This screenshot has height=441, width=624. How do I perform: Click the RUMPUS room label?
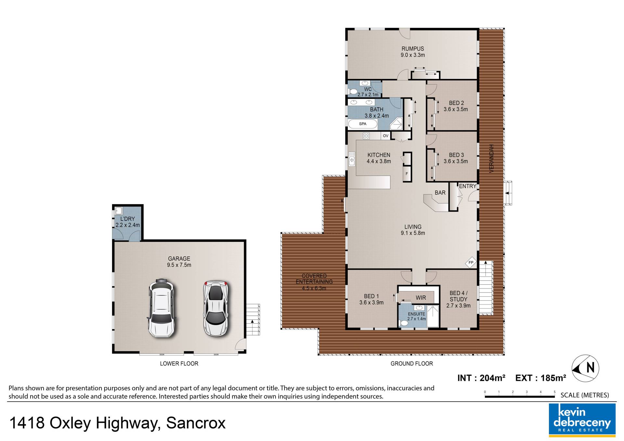coord(412,49)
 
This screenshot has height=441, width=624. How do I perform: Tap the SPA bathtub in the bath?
coord(363,124)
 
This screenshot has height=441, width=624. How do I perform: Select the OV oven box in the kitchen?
coord(385,136)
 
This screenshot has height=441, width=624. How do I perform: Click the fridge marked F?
coord(407,174)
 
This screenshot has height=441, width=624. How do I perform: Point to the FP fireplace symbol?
coord(471,263)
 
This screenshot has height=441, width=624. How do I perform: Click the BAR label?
coord(440,193)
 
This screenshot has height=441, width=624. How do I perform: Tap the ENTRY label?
coord(467,186)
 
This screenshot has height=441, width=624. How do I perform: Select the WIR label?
coord(421,298)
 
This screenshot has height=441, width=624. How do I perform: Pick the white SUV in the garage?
coord(162,308)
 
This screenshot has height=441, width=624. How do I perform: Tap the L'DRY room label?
coord(127,219)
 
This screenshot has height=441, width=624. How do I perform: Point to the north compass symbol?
coord(585,368)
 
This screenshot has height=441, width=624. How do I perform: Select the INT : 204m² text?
coord(481,378)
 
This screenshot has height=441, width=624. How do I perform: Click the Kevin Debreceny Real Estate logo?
coord(582,419)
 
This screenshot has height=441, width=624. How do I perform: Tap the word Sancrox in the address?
coord(196,423)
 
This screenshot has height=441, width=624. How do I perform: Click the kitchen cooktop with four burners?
coord(366,136)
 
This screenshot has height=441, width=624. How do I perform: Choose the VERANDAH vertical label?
coord(491,158)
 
